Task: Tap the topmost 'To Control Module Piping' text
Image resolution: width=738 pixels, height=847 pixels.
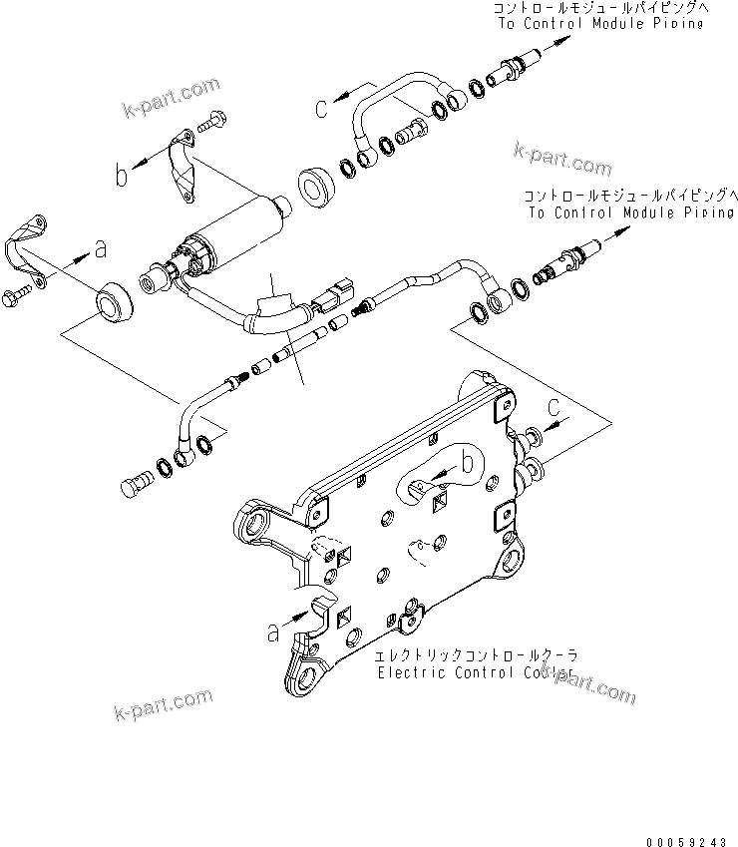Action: click(597, 23)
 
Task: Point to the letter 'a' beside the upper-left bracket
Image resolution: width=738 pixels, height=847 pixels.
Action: click(100, 247)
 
